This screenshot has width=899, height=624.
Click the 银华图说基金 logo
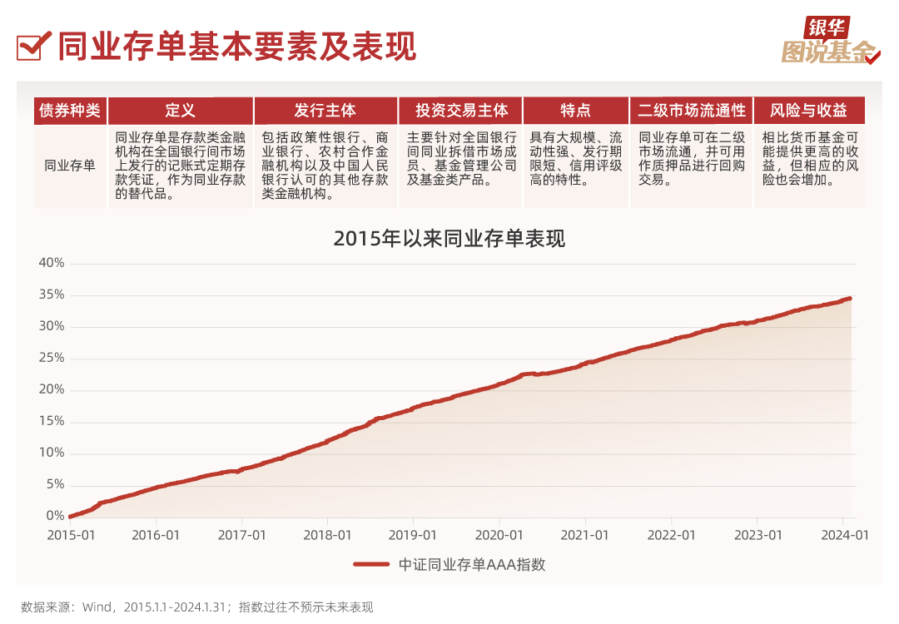830,42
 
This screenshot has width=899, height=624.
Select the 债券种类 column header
71,111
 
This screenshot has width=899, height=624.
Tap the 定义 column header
181,111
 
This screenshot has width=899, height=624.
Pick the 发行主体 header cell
325,111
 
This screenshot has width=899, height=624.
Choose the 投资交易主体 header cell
461,111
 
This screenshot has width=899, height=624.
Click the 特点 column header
576,111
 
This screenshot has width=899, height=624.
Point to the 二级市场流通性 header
691,111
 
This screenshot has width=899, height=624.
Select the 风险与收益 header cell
808,111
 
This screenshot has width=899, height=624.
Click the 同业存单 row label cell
71,166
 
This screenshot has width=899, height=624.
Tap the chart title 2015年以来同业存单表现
449,239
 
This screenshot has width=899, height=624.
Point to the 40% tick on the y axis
52,263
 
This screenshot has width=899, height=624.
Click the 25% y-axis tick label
52,358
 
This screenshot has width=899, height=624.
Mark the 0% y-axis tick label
55,516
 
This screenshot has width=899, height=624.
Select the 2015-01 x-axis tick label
70,535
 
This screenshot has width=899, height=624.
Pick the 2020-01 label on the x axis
499,535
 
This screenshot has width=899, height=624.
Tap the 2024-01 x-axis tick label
842,535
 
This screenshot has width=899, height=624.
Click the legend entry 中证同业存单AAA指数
449,564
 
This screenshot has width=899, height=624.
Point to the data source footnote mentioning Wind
197,607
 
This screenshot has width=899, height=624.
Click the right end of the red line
849,298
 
